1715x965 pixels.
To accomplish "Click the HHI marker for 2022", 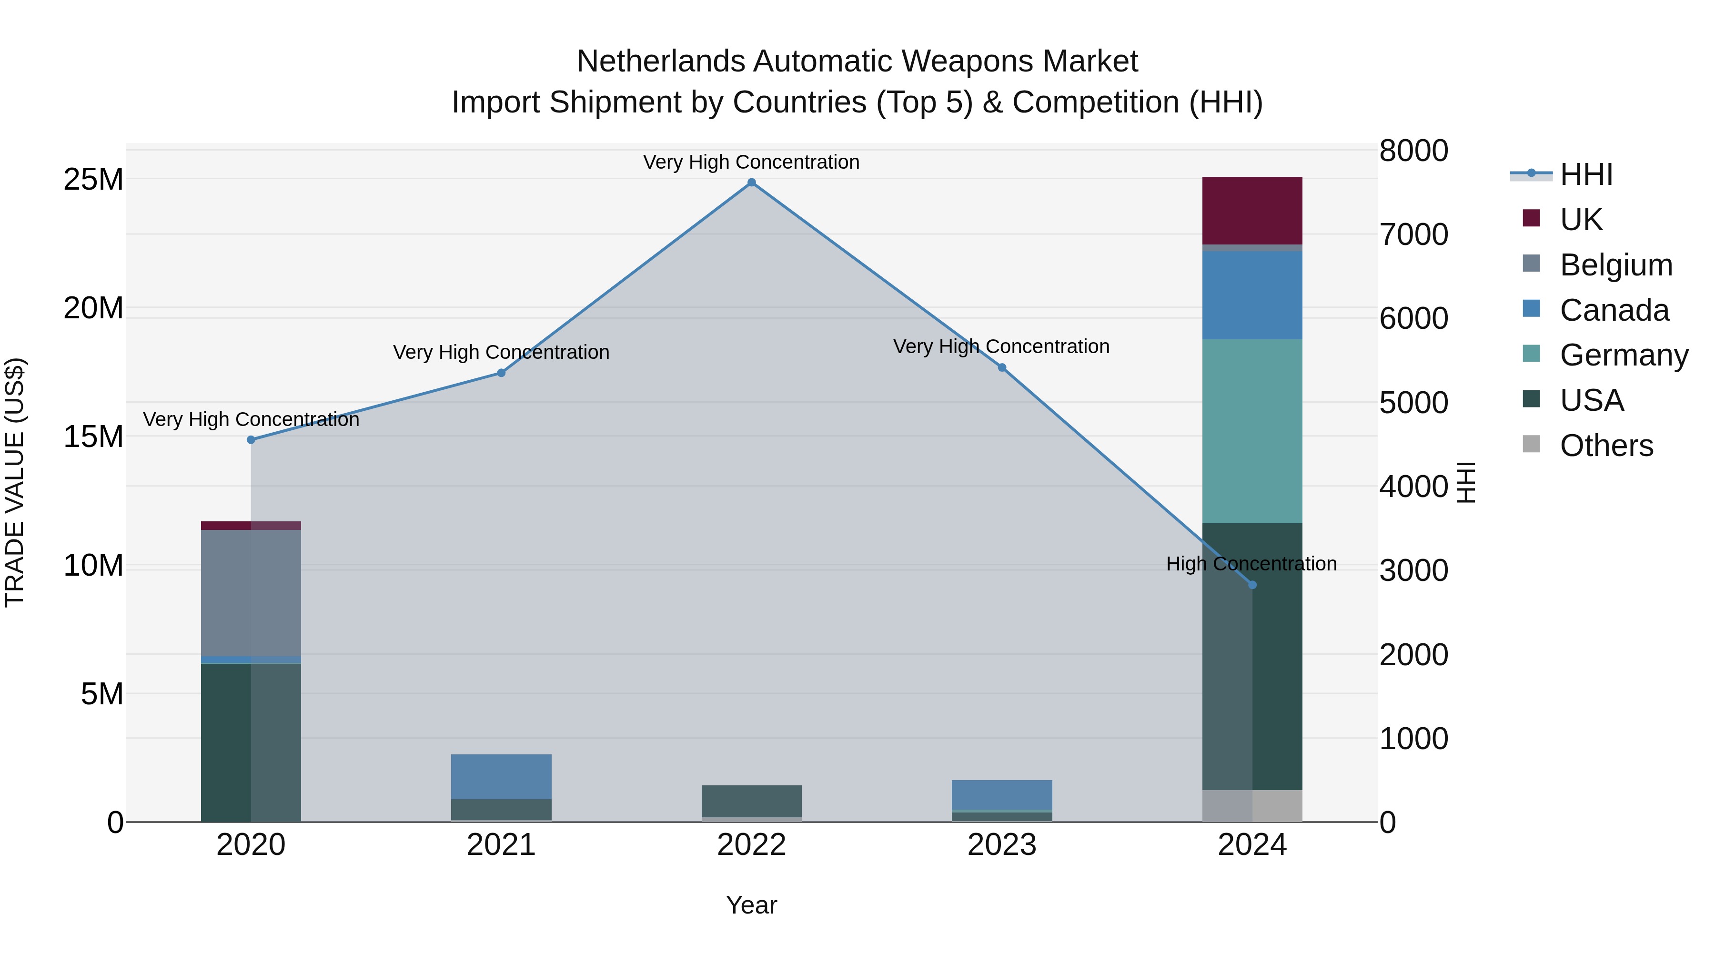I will [x=752, y=183].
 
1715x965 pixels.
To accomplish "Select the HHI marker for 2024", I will [x=1252, y=585].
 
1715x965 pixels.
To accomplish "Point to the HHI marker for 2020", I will [x=251, y=439].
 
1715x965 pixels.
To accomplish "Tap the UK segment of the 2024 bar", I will [x=1252, y=211].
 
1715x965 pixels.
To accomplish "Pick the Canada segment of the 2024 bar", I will [x=1252, y=295].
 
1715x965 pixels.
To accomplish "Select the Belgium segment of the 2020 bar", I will [x=251, y=593].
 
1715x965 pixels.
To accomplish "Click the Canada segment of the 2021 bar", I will [x=501, y=777].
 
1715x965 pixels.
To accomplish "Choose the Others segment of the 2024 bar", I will [x=1252, y=806].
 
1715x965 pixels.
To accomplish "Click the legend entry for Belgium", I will [x=1616, y=265].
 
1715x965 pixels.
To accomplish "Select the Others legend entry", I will [x=1606, y=446].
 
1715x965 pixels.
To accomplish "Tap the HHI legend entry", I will [x=1586, y=174].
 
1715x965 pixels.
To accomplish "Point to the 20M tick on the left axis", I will [x=93, y=308].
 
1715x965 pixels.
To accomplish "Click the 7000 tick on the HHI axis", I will [x=1413, y=234].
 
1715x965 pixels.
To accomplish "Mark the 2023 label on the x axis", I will [x=1002, y=845].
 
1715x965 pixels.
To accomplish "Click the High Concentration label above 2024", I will [x=1251, y=564].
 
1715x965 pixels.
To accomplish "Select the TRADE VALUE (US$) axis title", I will [x=15, y=482].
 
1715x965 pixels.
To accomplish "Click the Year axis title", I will [x=752, y=905].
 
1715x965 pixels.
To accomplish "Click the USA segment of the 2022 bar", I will [x=752, y=801].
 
